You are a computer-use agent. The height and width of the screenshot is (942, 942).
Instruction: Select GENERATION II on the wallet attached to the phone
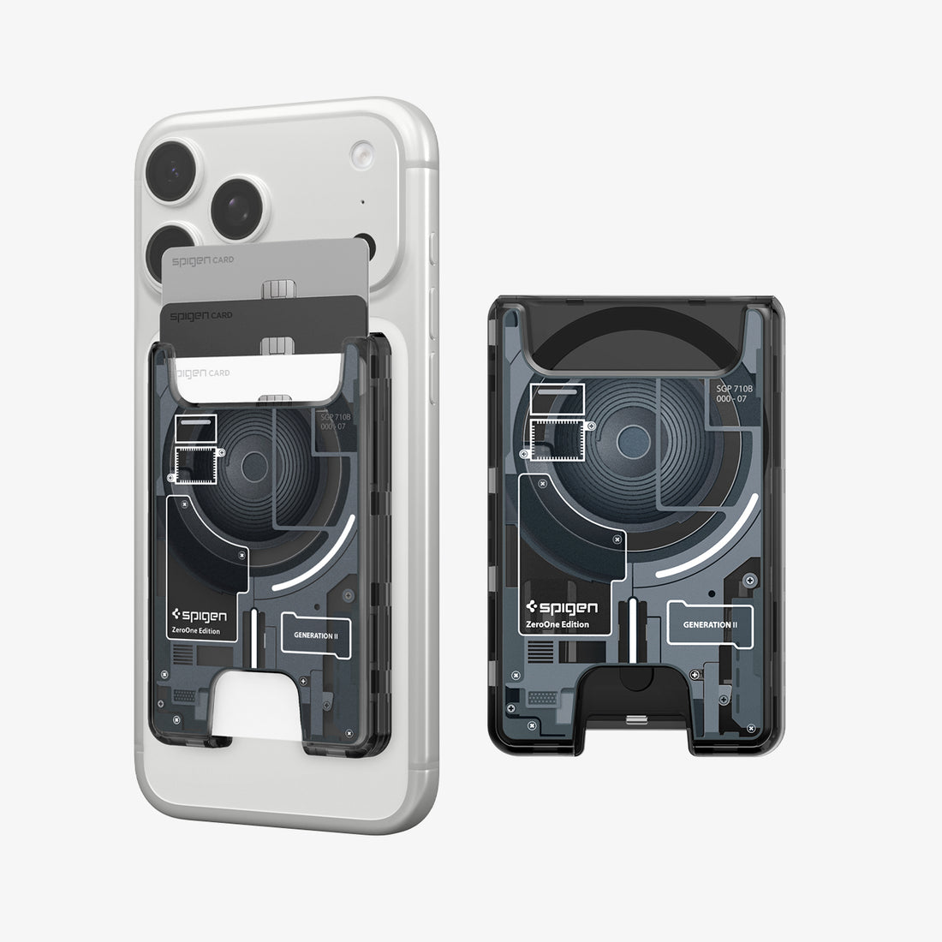[x=316, y=636]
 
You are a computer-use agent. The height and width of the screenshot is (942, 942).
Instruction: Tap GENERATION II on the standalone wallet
[x=710, y=624]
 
